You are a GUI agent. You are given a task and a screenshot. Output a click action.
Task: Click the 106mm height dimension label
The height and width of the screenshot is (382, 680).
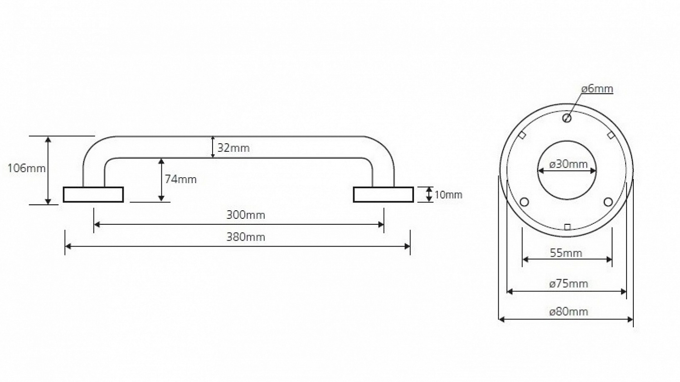tap(26, 168)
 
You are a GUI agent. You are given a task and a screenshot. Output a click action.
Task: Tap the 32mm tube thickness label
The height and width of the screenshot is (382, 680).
tap(233, 148)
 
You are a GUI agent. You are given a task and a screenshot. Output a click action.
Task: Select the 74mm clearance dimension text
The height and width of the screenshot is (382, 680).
tap(180, 179)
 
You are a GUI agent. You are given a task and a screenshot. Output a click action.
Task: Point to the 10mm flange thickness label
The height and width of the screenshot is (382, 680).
tap(448, 195)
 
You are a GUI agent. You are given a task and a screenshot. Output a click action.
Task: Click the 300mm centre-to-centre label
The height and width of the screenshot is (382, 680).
tap(246, 215)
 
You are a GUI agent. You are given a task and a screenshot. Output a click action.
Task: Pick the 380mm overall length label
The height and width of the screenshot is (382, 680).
tap(246, 237)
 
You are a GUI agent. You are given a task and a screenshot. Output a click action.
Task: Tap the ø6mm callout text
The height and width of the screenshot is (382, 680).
tap(597, 89)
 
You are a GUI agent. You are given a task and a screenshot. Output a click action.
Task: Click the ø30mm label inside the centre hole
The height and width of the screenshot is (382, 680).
tap(568, 164)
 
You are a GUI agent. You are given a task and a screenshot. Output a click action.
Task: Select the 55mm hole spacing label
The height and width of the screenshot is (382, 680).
tap(566, 253)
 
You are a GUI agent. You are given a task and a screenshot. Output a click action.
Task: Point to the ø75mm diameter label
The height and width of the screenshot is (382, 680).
tap(568, 284)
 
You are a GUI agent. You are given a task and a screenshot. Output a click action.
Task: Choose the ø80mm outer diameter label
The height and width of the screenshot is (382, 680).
tap(568, 312)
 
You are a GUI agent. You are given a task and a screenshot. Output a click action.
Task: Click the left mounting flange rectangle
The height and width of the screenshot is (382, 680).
tap(93, 194)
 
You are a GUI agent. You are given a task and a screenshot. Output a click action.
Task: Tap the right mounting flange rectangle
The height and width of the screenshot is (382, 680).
tap(384, 194)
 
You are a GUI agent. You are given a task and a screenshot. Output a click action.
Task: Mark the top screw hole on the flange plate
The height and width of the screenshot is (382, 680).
tap(567, 118)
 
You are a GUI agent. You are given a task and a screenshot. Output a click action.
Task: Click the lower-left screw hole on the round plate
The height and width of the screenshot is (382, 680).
tap(524, 202)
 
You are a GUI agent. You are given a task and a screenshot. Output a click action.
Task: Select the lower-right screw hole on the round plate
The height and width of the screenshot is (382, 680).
tap(608, 202)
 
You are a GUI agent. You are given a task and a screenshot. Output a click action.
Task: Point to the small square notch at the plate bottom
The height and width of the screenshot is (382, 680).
tap(567, 227)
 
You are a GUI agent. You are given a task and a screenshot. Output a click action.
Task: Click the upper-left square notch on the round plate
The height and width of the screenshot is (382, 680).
tap(522, 135)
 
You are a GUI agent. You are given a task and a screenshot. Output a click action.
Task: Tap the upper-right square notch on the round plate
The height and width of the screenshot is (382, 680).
tap(611, 135)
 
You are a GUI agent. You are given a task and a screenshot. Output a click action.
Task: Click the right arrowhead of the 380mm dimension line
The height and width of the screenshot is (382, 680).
tap(408, 247)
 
